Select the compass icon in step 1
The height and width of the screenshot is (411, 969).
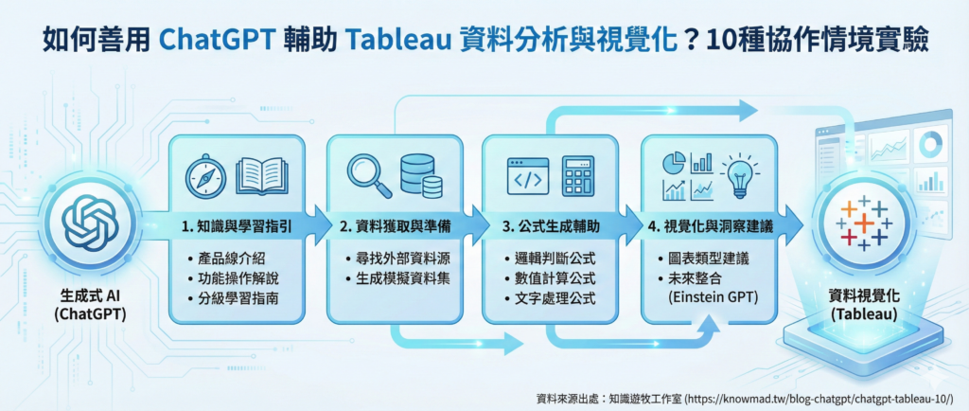(205, 176)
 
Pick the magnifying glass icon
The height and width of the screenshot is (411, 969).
(368, 175)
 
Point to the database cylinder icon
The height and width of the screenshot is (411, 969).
(421, 175)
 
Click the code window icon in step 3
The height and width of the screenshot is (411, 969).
(527, 175)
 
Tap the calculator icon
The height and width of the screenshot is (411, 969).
(578, 176)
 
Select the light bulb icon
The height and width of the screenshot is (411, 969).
(739, 175)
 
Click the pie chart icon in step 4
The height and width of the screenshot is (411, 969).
(675, 163)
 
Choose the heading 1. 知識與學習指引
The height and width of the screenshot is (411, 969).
(237, 227)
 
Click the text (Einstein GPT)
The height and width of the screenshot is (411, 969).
(713, 298)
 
